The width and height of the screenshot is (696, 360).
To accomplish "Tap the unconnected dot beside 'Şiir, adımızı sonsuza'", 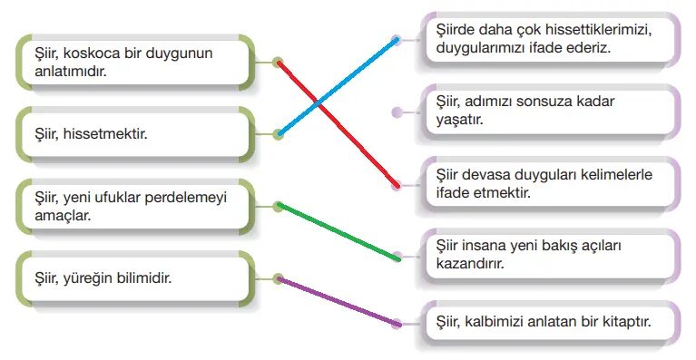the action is pyautogui.click(x=396, y=113).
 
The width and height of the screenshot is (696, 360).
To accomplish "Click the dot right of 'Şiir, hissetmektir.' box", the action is pyautogui.click(x=279, y=135).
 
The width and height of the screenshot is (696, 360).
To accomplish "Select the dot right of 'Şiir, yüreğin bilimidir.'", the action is pyautogui.click(x=279, y=278).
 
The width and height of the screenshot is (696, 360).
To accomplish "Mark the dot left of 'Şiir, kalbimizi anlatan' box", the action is pyautogui.click(x=396, y=322).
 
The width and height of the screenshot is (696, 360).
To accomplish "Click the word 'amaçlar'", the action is pyautogui.click(x=53, y=217).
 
